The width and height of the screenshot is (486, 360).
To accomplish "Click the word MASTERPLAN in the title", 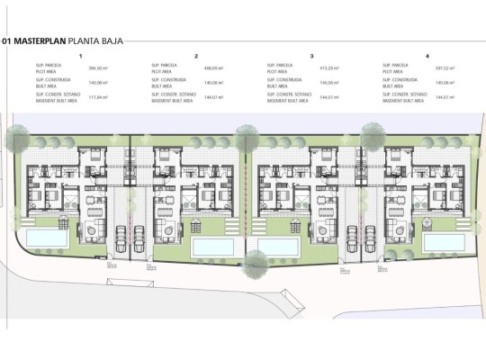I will pyautogui.click(x=42, y=40).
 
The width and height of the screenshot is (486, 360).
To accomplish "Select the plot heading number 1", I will pyautogui.click(x=80, y=56).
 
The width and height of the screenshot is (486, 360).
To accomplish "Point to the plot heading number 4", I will pyautogui.click(x=427, y=56).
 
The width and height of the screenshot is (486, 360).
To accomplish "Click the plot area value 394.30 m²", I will pyautogui.click(x=96, y=67).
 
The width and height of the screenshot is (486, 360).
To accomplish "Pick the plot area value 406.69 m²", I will pyautogui.click(x=212, y=67).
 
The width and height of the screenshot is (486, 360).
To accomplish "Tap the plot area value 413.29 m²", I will pyautogui.click(x=328, y=67).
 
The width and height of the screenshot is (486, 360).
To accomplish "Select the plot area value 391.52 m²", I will pyautogui.click(x=445, y=67).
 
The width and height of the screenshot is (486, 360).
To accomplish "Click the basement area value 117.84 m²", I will pyautogui.click(x=96, y=96).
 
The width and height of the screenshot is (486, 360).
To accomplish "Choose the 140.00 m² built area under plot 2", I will pyautogui.click(x=212, y=82).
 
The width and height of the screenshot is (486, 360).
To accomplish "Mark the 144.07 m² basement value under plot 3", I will pyautogui.click(x=328, y=96).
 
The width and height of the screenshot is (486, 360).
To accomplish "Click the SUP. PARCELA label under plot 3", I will pyautogui.click(x=278, y=65).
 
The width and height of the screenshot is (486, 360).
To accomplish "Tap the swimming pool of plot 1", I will pyautogui.click(x=41, y=238).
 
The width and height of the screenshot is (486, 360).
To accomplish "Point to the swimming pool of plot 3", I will pyautogui.click(x=280, y=246).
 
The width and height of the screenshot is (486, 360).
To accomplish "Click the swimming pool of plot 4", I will pyautogui.click(x=444, y=242).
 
